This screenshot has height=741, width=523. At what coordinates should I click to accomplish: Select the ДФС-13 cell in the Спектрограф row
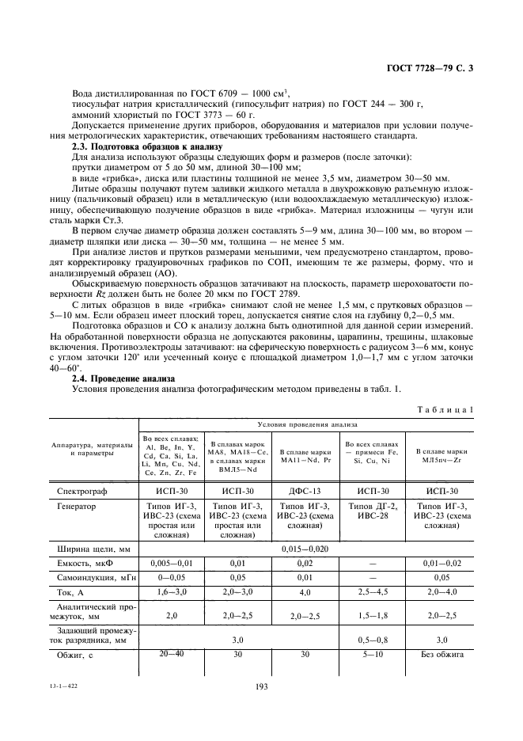click(305, 492)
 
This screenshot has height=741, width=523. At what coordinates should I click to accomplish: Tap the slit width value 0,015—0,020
click(305, 548)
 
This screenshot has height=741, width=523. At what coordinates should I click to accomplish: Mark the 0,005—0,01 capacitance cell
click(172, 564)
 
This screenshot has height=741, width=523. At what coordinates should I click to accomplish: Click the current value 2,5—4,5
click(373, 593)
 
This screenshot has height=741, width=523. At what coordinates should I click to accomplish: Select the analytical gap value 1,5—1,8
click(373, 614)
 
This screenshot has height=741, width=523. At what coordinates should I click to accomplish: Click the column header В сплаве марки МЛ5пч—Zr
click(440, 454)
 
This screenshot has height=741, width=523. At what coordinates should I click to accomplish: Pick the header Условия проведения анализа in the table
click(305, 424)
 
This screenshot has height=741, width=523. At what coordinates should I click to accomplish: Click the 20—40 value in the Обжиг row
click(172, 654)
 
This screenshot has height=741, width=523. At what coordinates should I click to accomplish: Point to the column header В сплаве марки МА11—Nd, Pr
click(305, 454)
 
